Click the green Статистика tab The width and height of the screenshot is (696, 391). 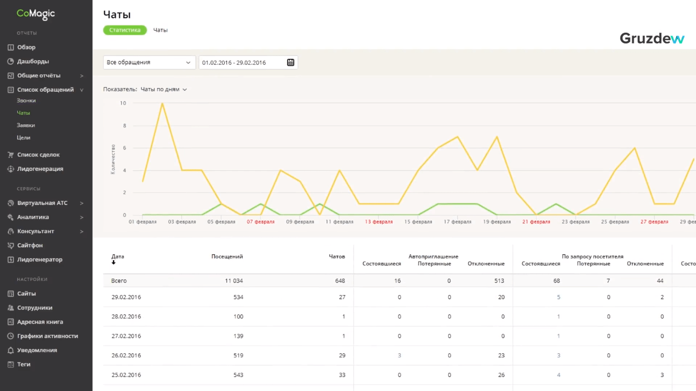(124, 30)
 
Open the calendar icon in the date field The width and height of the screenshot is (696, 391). (290, 62)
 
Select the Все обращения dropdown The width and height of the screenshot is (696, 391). (149, 62)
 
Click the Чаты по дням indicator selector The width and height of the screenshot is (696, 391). (164, 89)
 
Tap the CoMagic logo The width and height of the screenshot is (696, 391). (36, 14)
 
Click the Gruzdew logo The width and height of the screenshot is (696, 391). (652, 39)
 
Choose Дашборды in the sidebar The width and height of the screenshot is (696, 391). (33, 61)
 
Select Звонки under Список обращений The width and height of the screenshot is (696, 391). (27, 100)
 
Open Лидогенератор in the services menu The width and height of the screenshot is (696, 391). (40, 259)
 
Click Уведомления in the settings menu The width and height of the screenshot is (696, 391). (37, 350)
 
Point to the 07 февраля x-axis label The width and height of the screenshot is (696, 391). (261, 222)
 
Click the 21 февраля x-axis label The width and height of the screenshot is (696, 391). (536, 222)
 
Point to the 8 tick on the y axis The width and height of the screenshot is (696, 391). (124, 125)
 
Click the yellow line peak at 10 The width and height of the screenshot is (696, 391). (162, 103)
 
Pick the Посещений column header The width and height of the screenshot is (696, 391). (227, 256)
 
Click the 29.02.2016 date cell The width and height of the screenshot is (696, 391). (126, 297)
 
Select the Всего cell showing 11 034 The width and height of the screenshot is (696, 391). (234, 281)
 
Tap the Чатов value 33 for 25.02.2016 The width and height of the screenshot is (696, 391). (342, 375)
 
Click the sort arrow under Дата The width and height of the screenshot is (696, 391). (113, 263)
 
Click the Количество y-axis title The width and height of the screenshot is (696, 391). (113, 159)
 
